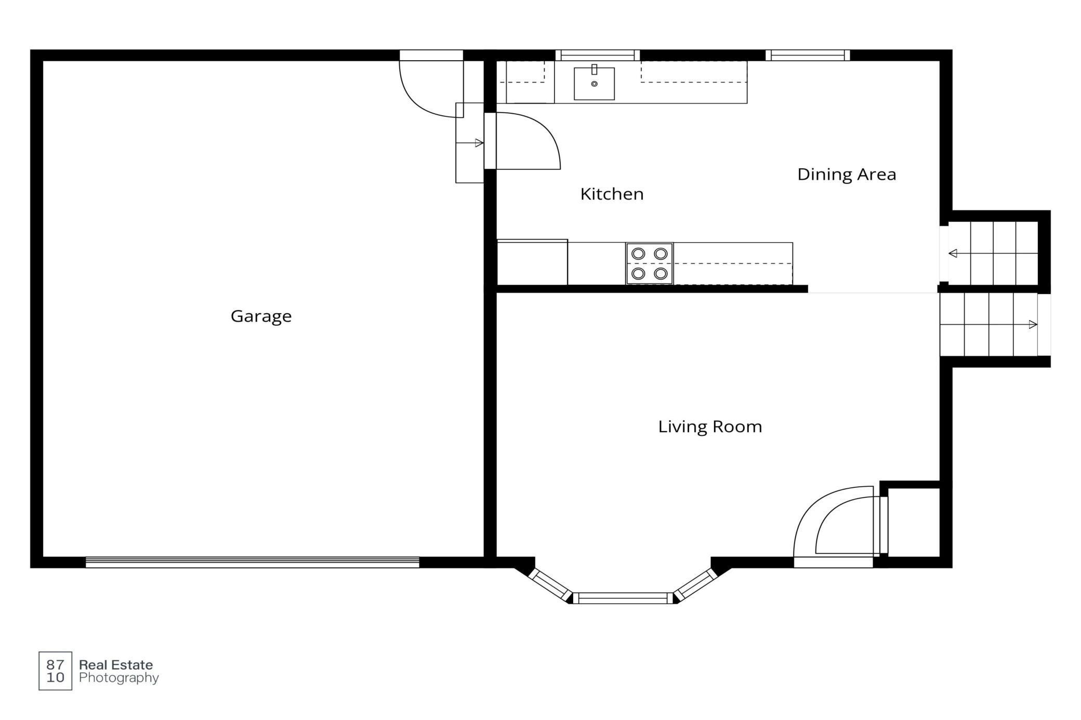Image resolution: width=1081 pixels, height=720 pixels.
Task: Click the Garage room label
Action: [x=261, y=316]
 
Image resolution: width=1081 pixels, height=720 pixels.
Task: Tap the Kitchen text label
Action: [x=612, y=194]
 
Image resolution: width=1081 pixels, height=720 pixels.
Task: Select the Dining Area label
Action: [x=847, y=174]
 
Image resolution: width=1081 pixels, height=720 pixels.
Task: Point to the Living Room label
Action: [x=710, y=426]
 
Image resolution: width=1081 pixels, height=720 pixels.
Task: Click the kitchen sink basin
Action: [x=594, y=84]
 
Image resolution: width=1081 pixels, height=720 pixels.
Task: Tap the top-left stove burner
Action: [x=638, y=254]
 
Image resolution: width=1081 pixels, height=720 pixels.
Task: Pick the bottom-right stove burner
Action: [x=661, y=273]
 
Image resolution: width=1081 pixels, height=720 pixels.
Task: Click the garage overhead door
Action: [x=253, y=562]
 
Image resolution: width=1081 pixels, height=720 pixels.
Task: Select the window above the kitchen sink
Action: [x=598, y=55]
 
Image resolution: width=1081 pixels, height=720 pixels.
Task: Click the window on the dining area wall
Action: [x=808, y=55]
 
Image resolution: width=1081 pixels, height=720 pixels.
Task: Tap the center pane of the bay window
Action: [x=623, y=598]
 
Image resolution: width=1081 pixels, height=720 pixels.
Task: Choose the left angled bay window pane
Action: [x=550, y=585]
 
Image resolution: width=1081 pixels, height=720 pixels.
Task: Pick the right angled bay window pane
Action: [x=696, y=585]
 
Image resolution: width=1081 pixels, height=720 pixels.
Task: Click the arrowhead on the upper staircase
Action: [x=953, y=254]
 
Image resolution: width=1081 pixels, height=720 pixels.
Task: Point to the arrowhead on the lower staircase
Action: [x=1033, y=325]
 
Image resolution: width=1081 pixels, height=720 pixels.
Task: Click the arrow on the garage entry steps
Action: [x=470, y=143]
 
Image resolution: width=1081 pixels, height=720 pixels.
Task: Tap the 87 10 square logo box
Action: [x=56, y=671]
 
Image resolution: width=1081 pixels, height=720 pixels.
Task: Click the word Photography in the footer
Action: [x=119, y=678]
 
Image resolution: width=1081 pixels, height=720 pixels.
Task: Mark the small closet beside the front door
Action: [x=913, y=522]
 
